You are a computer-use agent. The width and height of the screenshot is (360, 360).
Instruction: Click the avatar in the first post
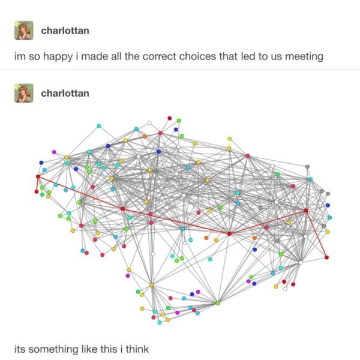coord(24,31)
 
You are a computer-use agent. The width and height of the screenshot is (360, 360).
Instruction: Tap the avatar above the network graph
coord(24,93)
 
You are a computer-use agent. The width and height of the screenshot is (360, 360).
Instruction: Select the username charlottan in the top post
coord(65,31)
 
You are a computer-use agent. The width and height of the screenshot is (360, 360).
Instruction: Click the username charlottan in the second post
coord(65,93)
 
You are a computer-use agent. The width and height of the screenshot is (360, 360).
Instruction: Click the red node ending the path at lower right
coord(327,257)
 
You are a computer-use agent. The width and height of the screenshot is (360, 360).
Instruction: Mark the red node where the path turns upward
coord(229,234)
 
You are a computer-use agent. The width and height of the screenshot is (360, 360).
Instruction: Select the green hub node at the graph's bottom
coord(218,303)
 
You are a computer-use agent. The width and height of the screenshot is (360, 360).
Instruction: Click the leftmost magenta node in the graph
coord(54,152)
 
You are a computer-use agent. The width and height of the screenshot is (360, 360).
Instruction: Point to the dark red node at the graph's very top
coord(170,118)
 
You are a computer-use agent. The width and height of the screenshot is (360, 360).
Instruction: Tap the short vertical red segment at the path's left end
coord(37,184)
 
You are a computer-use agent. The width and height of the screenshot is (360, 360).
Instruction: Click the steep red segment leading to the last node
coord(316,234)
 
